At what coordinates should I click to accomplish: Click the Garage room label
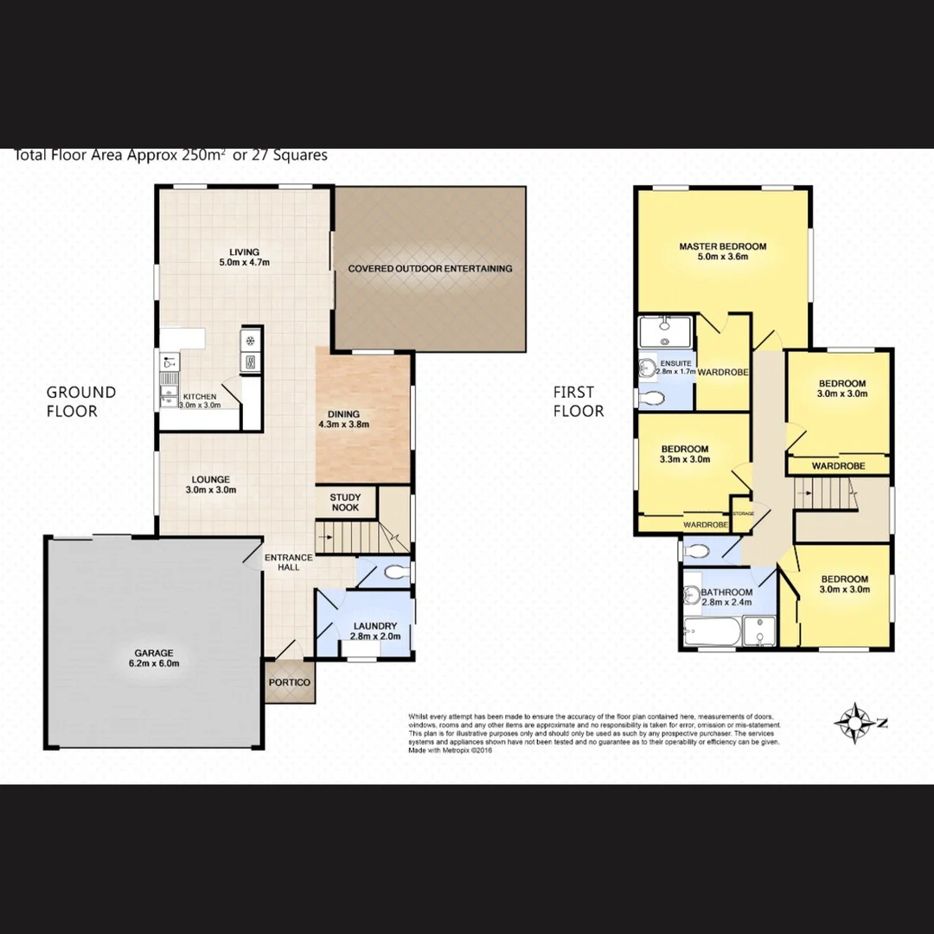click(153, 653)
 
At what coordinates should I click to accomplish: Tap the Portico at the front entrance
click(289, 682)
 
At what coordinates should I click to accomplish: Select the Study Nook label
click(345, 502)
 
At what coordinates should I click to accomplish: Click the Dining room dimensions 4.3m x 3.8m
click(343, 425)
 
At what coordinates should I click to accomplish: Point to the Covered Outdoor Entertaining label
click(430, 268)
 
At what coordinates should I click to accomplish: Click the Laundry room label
click(374, 626)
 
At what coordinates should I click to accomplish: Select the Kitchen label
click(199, 397)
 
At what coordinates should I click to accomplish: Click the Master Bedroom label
click(722, 246)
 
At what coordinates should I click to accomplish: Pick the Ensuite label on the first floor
click(675, 363)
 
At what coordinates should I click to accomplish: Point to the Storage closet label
click(743, 514)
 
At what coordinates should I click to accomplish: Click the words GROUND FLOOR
click(81, 401)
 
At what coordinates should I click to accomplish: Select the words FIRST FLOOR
click(579, 401)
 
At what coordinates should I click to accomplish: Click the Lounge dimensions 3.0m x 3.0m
click(211, 490)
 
